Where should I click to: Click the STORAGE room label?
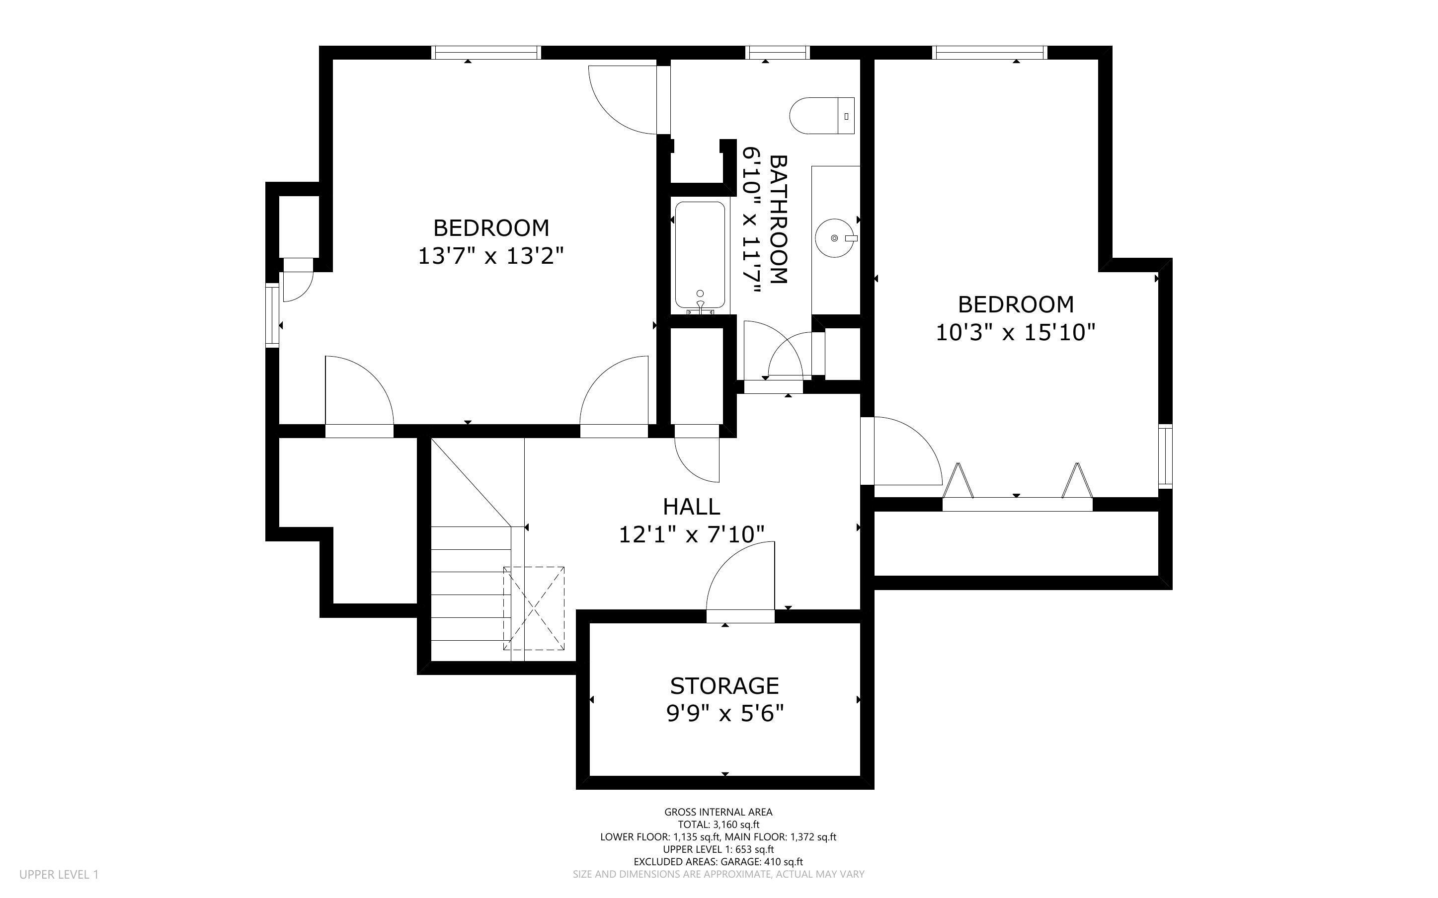coord(724,686)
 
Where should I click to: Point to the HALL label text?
coord(691,507)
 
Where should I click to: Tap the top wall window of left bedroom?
coord(486,53)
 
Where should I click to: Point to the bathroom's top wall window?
coord(778,53)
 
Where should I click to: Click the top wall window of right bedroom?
coord(989,53)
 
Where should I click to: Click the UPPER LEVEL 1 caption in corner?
coord(59,874)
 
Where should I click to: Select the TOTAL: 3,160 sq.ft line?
coord(718,824)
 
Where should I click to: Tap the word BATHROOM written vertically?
coord(778,219)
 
